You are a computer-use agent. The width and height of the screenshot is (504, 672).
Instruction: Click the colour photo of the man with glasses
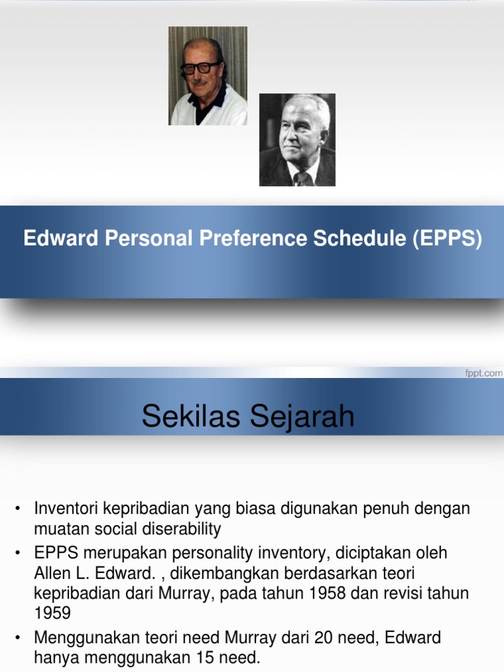207,75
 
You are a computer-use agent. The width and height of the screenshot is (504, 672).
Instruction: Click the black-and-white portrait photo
297,140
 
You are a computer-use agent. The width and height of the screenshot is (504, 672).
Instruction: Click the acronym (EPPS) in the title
447,239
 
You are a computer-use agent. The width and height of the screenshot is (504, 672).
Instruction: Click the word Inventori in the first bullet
66,509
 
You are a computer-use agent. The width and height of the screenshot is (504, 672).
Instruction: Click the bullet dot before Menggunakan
18,638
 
